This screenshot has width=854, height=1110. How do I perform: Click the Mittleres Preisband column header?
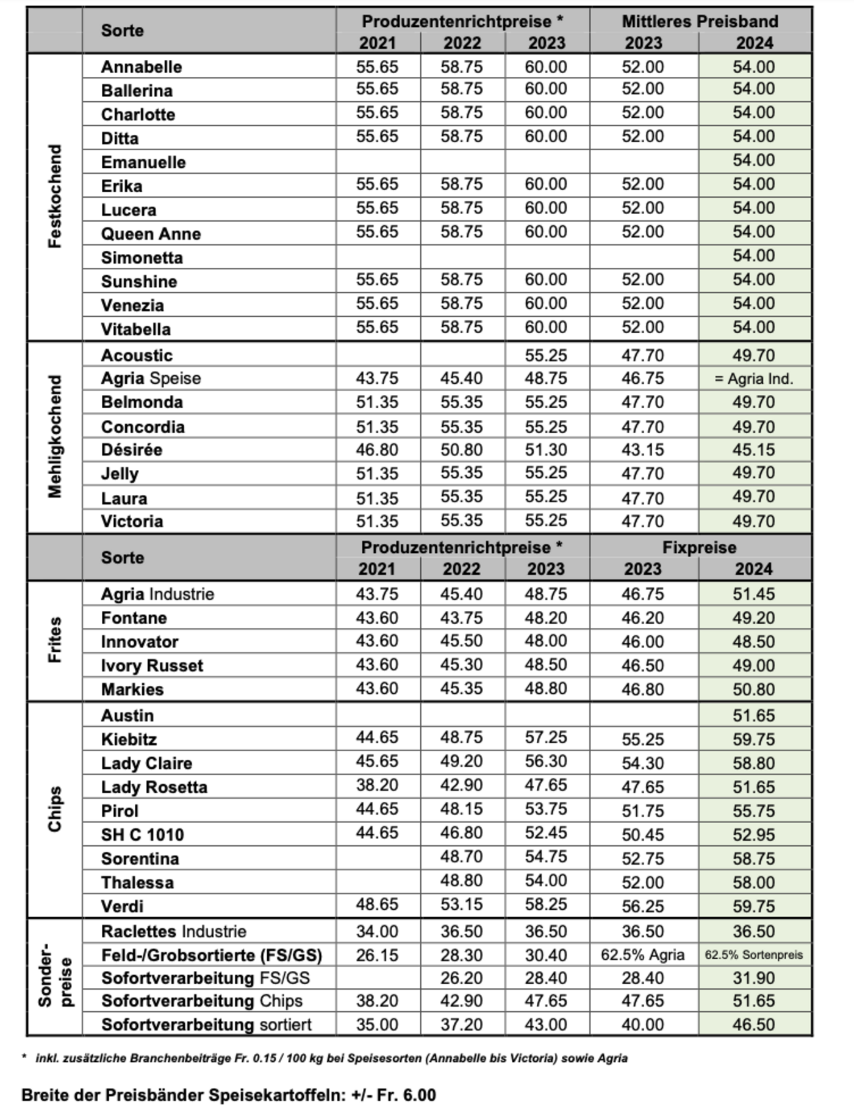(700, 21)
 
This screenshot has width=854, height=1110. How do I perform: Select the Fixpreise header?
(699, 547)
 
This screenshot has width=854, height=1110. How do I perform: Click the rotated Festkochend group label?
(55, 196)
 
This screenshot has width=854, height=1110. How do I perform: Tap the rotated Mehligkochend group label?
(55, 437)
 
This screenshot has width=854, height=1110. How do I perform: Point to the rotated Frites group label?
(55, 640)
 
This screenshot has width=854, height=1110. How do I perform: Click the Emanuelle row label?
(143, 162)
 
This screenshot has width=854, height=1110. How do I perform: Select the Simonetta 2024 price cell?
(754, 256)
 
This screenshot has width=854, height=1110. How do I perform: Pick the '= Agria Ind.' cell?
(754, 379)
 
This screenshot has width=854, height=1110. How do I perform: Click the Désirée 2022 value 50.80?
(461, 450)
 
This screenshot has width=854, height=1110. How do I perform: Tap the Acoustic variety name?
(137, 355)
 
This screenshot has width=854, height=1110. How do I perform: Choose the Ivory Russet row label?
(152, 665)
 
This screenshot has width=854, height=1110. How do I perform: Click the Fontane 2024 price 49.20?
(754, 618)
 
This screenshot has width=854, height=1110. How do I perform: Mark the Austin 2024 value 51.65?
(754, 715)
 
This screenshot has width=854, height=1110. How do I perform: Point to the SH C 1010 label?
(142, 835)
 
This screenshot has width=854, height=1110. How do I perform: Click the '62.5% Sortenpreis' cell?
(754, 955)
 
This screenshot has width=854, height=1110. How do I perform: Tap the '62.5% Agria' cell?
(643, 955)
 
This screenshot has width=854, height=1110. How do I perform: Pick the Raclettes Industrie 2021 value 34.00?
(377, 932)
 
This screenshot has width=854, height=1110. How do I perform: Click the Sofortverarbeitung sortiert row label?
(206, 1025)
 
